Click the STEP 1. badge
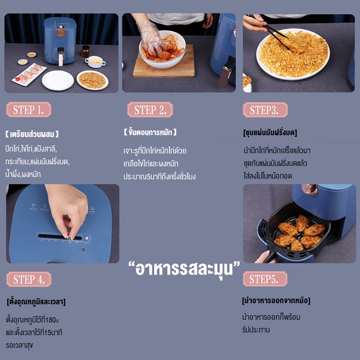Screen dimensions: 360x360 point(29,109)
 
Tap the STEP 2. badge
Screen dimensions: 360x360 point(150,109)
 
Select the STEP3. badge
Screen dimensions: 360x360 point(265,110)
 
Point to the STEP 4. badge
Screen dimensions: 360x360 point(29,279)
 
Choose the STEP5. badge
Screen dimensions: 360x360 point(265,279)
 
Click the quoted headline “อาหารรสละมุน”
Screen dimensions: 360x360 point(184,269)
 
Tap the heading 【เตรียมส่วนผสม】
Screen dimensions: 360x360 point(32,134)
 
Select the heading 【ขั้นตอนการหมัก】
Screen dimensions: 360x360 point(150,132)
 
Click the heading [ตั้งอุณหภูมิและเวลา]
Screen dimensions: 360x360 point(36,301)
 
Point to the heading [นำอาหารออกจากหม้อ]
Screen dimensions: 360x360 point(276,300)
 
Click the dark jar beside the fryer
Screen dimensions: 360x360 point(85,51)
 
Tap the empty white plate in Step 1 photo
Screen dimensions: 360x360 point(58,81)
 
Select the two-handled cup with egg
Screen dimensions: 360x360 point(95,62)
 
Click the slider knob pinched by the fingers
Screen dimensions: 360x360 point(68,235)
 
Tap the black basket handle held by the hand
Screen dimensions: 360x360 point(270,256)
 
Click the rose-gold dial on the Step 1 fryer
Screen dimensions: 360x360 point(61,31)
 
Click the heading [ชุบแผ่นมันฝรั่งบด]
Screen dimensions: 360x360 point(270,132)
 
